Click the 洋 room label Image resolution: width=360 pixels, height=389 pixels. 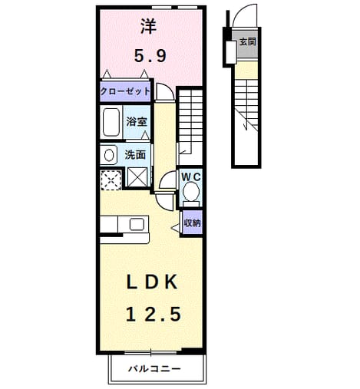pyautogui.click(x=148, y=27)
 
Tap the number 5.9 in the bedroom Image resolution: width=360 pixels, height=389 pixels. pyautogui.click(x=150, y=56)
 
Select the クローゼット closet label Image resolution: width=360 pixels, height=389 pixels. pyautogui.click(x=125, y=91)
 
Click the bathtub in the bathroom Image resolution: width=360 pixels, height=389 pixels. pyautogui.click(x=111, y=122)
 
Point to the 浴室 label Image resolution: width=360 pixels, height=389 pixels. pyautogui.click(x=137, y=122)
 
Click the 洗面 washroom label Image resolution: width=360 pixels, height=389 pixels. pyautogui.click(x=135, y=155)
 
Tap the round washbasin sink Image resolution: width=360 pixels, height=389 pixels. pyautogui.click(x=109, y=155)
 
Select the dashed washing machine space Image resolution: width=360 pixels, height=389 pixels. pyautogui.click(x=111, y=180)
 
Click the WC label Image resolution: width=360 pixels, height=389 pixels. pyautogui.click(x=191, y=176)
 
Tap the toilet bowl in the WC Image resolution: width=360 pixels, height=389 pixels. pyautogui.click(x=191, y=191)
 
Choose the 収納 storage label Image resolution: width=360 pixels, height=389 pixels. pyautogui.click(x=193, y=223)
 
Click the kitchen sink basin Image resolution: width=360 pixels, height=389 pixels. pyautogui.click(x=137, y=224)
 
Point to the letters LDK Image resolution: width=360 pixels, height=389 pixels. pyautogui.click(x=152, y=282)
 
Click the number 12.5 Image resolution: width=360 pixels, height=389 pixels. pyautogui.click(x=154, y=315)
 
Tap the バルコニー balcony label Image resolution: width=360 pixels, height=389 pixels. pyautogui.click(x=154, y=369)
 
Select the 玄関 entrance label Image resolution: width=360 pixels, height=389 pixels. pyautogui.click(x=248, y=41)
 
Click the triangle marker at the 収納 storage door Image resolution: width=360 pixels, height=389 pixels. pyautogui.click(x=175, y=228)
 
